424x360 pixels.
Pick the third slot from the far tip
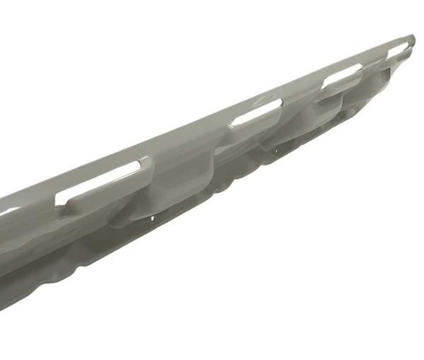pos(256,112)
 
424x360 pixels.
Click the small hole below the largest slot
pos(153,219)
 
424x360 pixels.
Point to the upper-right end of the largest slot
pos(136,166)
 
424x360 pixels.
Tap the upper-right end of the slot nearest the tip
pos(408,45)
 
